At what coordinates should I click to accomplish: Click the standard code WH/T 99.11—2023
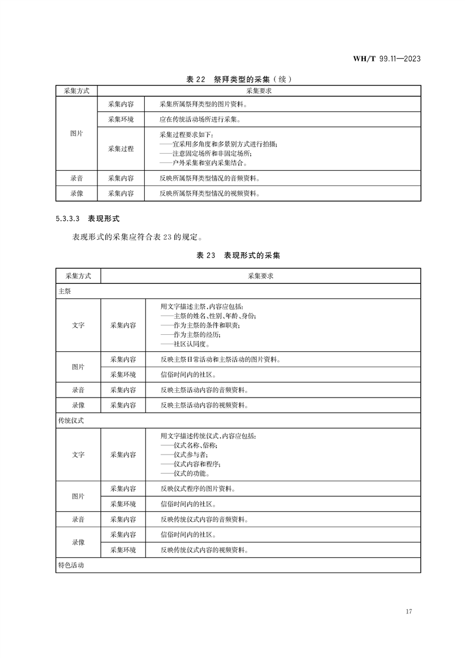click(x=386, y=59)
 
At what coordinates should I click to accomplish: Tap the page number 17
click(x=409, y=612)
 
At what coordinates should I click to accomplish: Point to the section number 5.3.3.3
click(x=69, y=218)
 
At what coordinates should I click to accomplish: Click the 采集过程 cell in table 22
click(x=121, y=148)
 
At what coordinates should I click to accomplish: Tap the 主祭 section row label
click(x=65, y=291)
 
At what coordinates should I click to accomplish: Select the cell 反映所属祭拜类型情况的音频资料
click(x=209, y=178)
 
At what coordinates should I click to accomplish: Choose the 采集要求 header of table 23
click(x=261, y=275)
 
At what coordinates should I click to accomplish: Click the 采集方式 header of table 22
click(x=77, y=91)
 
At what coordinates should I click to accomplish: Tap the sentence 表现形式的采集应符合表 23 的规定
click(x=139, y=238)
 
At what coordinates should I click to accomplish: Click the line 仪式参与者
click(x=184, y=455)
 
